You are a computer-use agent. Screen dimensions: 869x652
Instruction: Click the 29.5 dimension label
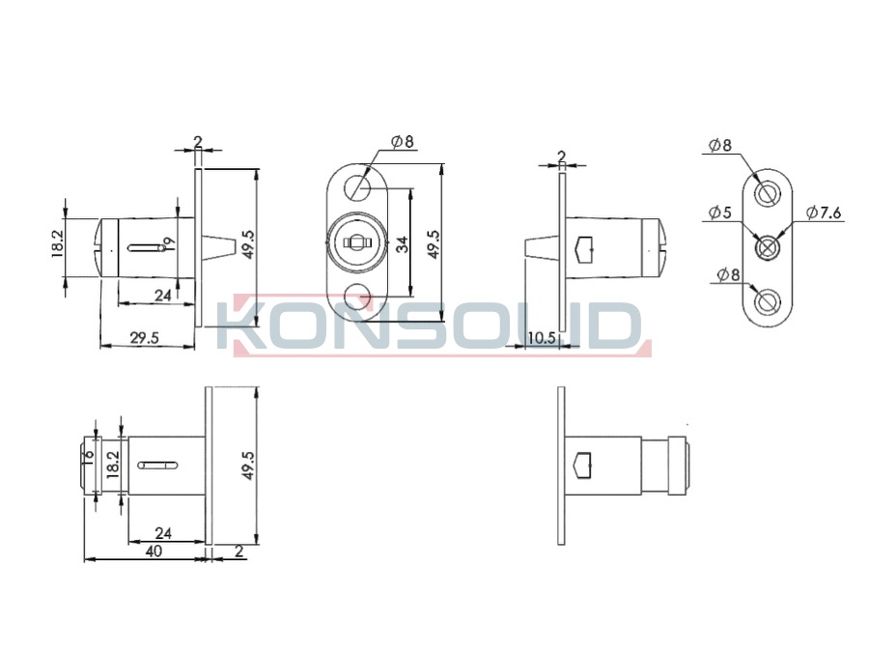click(144, 337)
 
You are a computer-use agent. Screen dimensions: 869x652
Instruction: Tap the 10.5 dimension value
click(542, 338)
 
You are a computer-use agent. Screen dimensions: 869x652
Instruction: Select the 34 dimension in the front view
click(403, 244)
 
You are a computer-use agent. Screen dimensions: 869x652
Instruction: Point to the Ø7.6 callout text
click(824, 213)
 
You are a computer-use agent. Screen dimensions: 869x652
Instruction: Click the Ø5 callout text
click(720, 213)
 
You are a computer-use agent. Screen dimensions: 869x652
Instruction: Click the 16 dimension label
click(88, 454)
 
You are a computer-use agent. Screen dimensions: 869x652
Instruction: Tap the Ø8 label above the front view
click(403, 142)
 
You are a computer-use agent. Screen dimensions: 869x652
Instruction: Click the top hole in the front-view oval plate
click(357, 188)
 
